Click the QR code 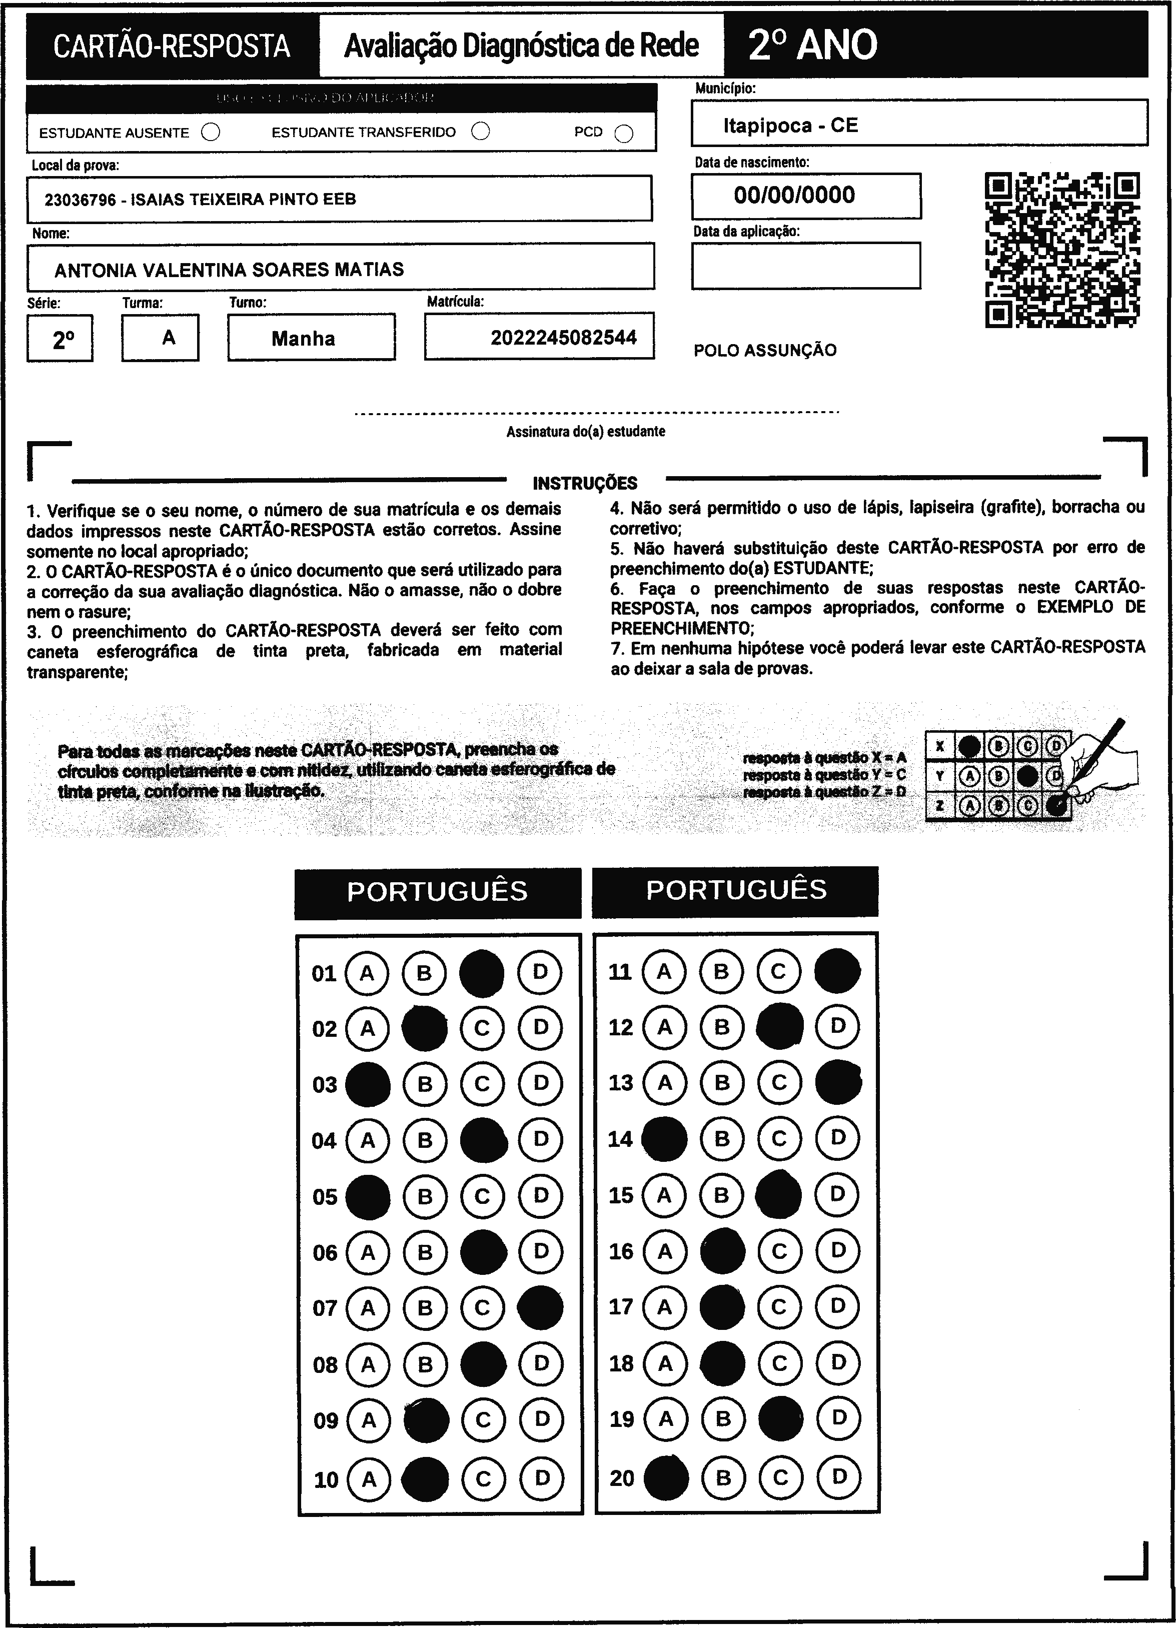point(1062,250)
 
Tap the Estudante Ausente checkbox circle point(211,133)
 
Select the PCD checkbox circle point(624,134)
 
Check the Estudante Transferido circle point(480,132)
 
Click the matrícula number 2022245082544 point(564,338)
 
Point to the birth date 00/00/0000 point(794,195)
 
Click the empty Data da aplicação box point(805,266)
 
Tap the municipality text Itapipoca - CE point(790,126)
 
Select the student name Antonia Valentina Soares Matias point(229,270)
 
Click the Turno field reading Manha point(303,338)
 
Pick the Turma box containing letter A point(168,338)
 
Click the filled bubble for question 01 point(482,973)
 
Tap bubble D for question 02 point(540,1028)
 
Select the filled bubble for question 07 point(540,1308)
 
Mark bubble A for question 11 point(664,972)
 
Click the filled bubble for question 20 point(666,1478)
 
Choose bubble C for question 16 point(780,1252)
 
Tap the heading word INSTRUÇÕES point(585,483)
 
